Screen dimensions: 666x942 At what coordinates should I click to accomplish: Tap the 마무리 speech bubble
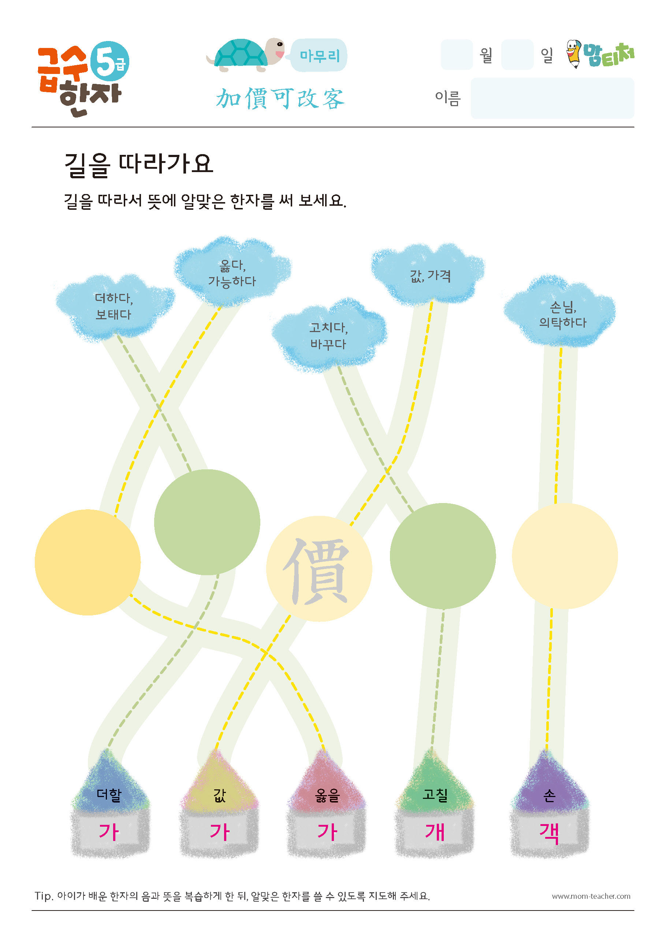[x=318, y=55]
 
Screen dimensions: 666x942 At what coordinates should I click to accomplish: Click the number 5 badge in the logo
[x=109, y=62]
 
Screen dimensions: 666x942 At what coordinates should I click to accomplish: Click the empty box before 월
[x=457, y=55]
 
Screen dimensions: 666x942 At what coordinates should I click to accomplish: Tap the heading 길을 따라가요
[x=139, y=165]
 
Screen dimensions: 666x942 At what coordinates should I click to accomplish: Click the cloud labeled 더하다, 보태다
[x=115, y=307]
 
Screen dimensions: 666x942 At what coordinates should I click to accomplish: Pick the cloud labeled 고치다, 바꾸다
[x=329, y=336]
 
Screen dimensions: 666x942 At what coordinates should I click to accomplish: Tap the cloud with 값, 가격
[x=429, y=275]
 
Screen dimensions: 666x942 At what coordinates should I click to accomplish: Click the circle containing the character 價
[x=319, y=569]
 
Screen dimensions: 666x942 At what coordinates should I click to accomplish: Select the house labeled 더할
[x=110, y=804]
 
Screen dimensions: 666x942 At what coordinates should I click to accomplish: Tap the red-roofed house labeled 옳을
[x=327, y=804]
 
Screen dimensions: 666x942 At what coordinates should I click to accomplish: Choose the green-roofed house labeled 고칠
[x=435, y=804]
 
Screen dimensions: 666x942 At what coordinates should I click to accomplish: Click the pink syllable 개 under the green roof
[x=435, y=832]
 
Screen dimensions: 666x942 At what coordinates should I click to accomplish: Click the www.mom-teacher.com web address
[x=591, y=896]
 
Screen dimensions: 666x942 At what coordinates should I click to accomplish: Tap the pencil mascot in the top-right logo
[x=574, y=54]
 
